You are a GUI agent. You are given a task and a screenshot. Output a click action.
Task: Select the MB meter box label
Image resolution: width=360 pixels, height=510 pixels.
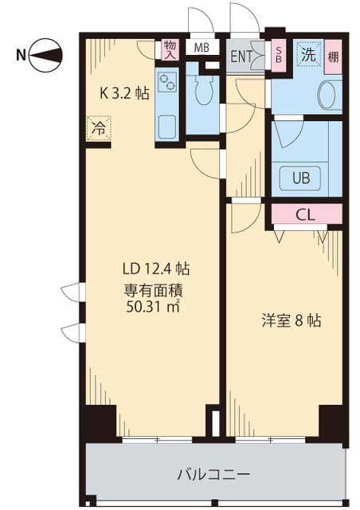[x=202, y=47]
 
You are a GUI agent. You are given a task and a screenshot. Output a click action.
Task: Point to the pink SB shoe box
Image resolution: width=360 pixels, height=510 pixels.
[x=278, y=55]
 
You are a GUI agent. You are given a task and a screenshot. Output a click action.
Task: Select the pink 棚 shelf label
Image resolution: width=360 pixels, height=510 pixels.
[x=332, y=56]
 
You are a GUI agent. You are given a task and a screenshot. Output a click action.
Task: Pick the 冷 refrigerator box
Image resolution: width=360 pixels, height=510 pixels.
[x=98, y=126]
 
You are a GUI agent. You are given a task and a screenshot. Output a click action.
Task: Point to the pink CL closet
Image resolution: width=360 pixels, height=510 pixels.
[x=307, y=214]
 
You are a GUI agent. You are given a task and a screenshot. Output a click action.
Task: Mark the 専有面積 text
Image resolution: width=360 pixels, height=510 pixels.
[x=150, y=288]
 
